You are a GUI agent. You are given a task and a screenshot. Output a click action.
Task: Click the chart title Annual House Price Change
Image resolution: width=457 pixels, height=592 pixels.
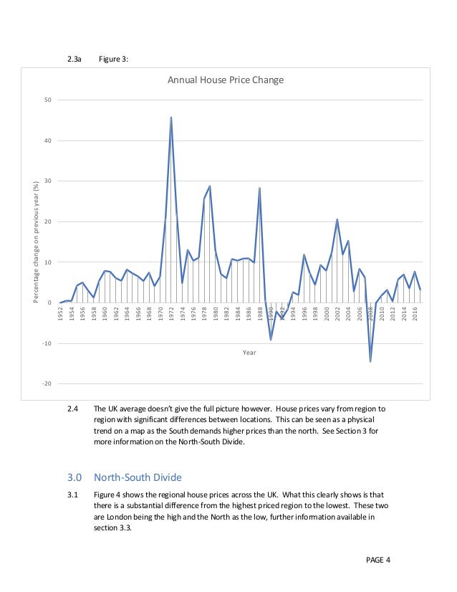[x=226, y=80]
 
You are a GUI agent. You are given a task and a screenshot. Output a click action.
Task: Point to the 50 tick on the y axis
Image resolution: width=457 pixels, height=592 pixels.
[x=47, y=100]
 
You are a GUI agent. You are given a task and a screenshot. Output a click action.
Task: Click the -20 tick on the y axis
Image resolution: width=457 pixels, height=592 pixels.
[x=45, y=384]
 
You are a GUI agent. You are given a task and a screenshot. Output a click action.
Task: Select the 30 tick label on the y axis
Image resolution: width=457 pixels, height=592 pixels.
[x=47, y=181]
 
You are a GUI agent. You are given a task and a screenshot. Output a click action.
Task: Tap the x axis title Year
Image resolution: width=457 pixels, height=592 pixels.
[x=249, y=353]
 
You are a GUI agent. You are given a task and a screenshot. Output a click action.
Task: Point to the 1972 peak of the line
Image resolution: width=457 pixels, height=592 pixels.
[x=170, y=117]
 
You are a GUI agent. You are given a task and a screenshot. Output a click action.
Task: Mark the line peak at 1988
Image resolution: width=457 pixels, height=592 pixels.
[x=259, y=188]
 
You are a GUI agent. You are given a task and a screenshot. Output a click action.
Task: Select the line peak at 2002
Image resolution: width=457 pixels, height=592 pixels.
[x=337, y=219]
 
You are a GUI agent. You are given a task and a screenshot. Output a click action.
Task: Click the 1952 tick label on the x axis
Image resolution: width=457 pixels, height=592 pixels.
[x=61, y=315]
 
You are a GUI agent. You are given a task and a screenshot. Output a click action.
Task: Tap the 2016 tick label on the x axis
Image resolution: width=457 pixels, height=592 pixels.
[x=415, y=315]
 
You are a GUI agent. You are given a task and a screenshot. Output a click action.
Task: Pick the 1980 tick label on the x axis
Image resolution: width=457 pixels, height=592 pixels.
[x=216, y=315]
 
